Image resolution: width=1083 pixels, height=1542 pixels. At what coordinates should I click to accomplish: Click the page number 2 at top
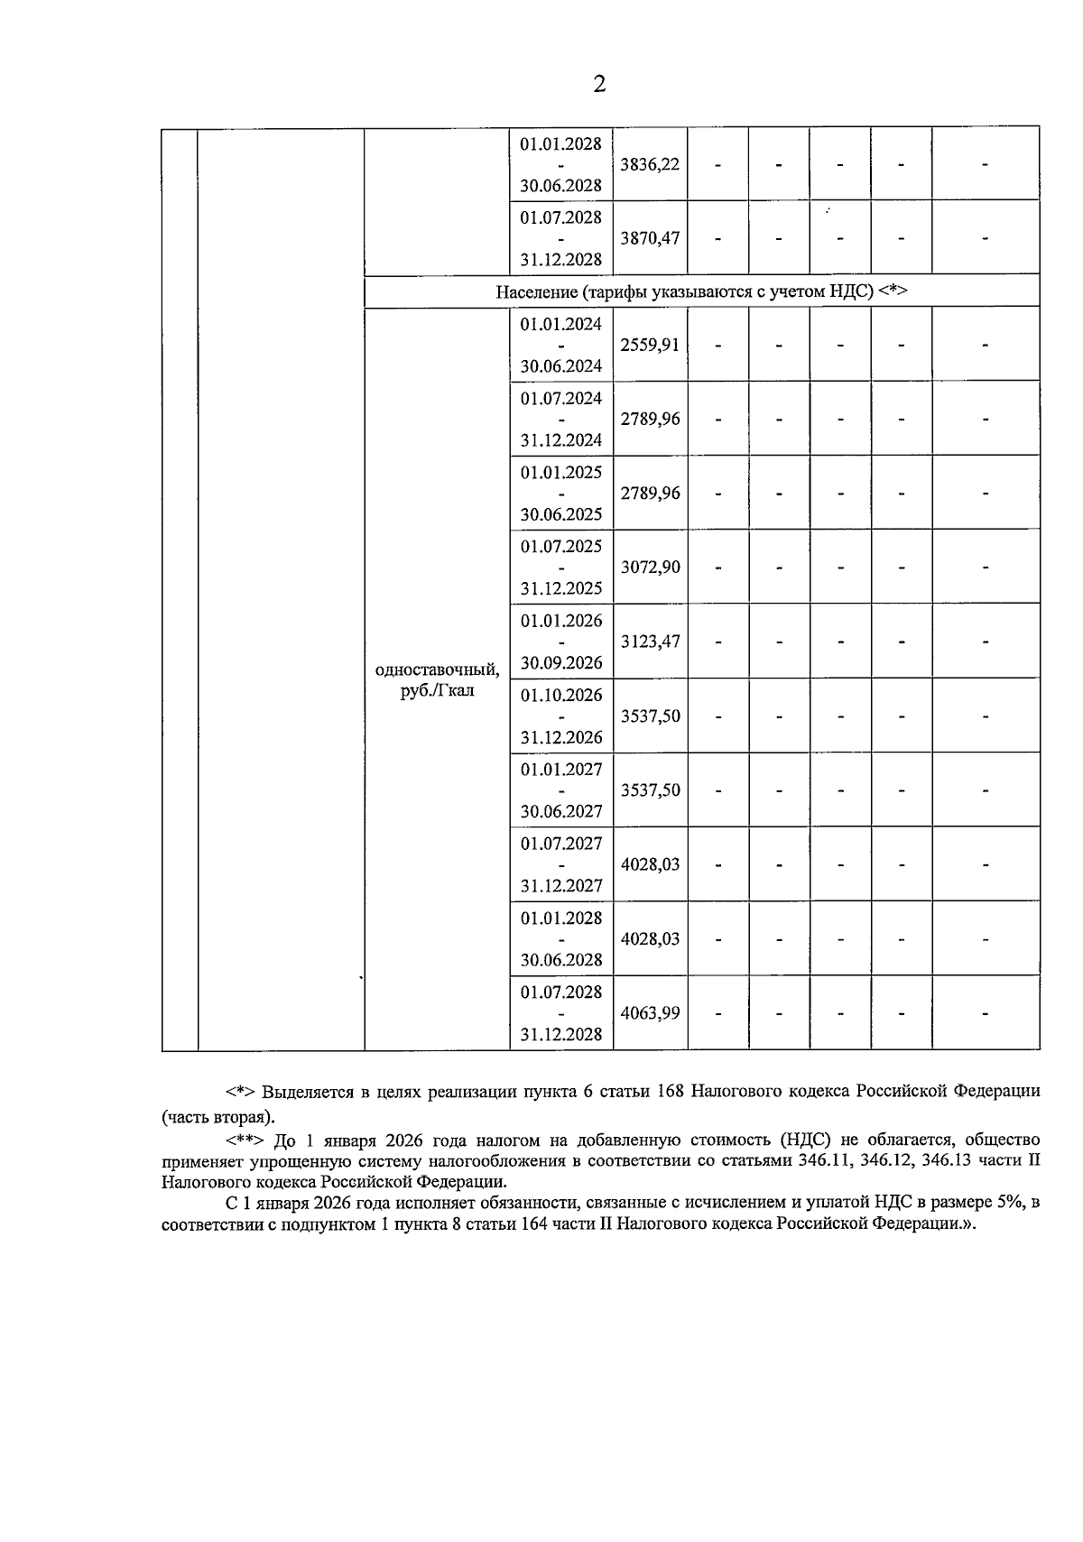click(599, 84)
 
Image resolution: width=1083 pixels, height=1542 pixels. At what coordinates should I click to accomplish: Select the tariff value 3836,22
click(650, 164)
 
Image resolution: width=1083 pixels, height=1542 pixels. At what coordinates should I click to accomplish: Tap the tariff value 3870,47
click(650, 238)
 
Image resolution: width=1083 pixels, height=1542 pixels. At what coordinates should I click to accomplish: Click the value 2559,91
click(650, 345)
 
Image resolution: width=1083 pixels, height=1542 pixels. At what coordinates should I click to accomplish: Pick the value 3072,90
click(650, 568)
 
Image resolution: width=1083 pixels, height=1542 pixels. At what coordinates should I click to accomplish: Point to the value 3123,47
click(650, 642)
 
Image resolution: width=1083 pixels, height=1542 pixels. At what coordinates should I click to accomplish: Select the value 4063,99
click(650, 1012)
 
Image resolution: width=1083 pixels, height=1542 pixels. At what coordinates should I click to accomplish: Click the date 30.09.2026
click(560, 663)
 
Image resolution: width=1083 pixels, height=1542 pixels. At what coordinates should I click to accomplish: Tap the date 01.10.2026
click(560, 695)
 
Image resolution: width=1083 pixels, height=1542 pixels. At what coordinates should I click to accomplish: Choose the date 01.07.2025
click(560, 547)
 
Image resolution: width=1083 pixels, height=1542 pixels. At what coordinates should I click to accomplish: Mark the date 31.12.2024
click(560, 440)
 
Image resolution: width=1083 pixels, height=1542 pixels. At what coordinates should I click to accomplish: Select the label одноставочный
click(437, 669)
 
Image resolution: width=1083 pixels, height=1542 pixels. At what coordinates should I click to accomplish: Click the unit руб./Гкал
click(437, 691)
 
